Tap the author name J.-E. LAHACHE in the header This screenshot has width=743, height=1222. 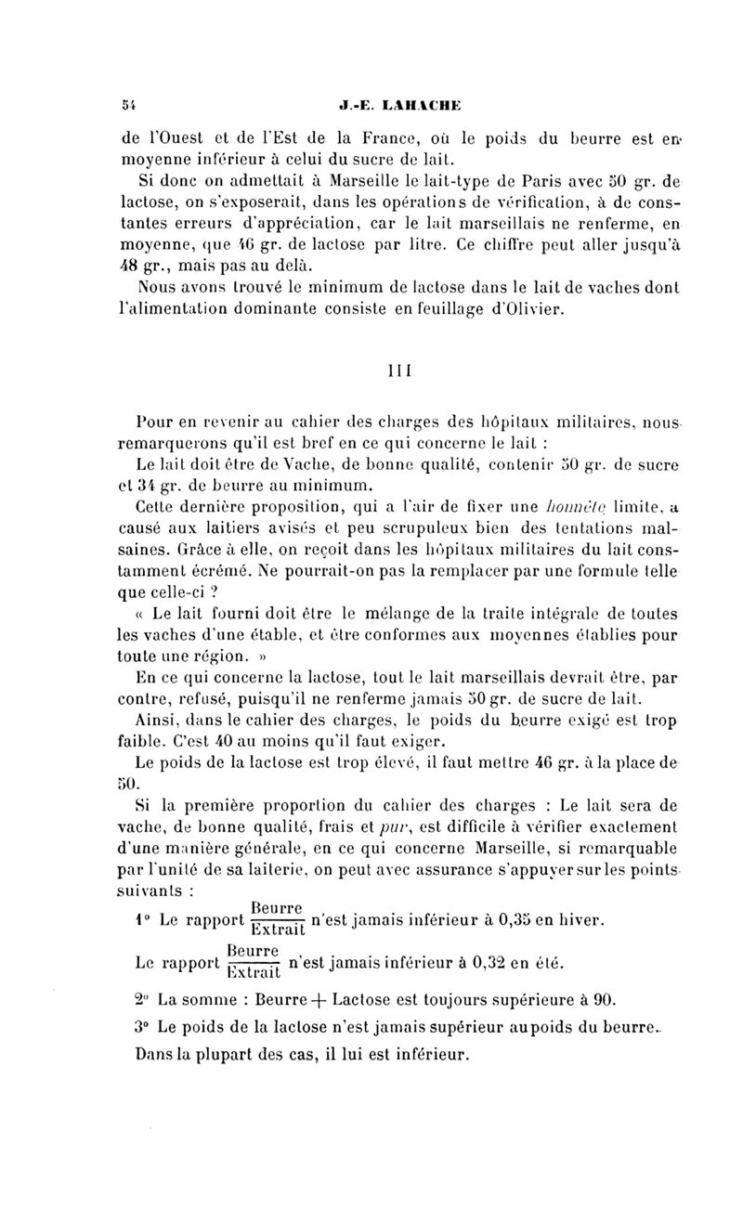(x=373, y=105)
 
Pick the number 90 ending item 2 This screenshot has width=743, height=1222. (x=606, y=1000)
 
